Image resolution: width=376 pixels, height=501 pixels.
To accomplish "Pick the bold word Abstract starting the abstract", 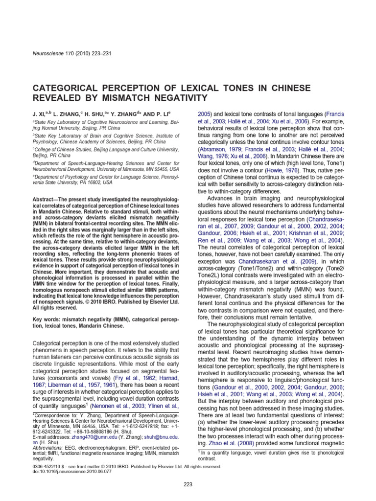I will click(44, 201).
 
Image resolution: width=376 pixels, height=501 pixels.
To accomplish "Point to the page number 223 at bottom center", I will click(188, 484).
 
